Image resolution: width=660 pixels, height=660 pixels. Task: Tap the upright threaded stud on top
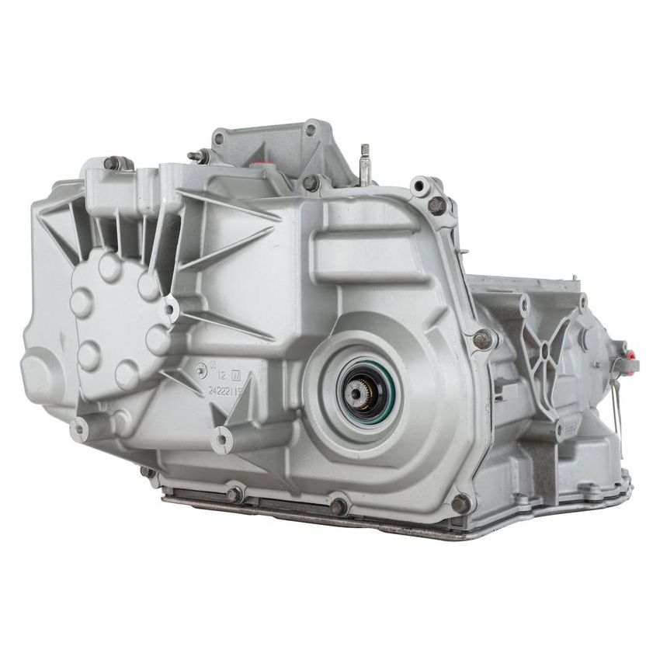364,165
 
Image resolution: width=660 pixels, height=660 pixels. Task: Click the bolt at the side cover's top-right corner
436,206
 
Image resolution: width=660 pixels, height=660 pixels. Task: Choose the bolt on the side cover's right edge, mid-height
482,339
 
